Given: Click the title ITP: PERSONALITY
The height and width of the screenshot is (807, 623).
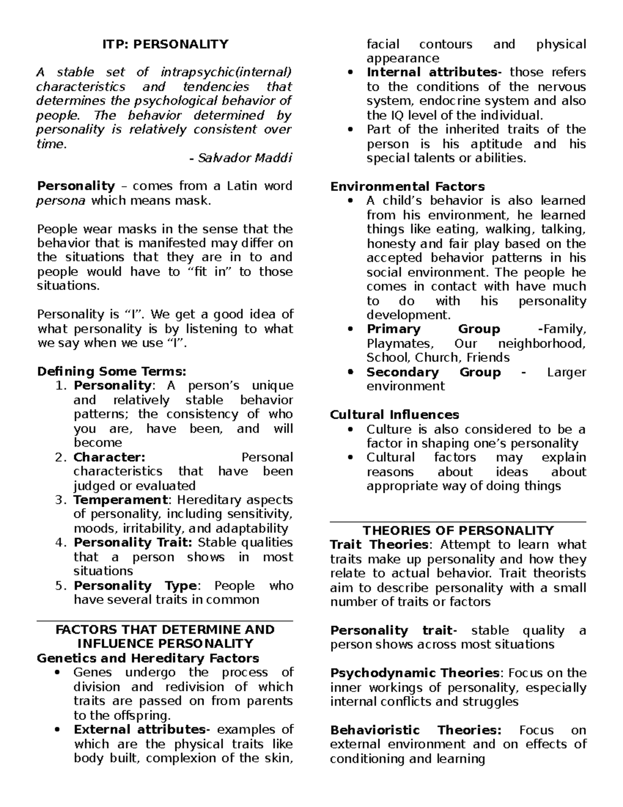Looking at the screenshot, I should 165,44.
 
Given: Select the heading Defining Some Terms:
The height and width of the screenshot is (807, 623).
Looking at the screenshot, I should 111,372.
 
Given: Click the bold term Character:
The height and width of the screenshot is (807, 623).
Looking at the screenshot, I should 109,457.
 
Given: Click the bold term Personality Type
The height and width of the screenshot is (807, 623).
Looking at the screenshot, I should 135,586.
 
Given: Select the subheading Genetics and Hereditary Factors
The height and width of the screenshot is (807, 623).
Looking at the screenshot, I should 148,658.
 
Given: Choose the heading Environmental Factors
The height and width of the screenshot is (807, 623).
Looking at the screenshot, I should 408,187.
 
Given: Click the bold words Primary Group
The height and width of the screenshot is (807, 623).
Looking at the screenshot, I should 433,329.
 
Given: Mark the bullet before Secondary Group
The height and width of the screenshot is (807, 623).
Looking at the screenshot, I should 351,373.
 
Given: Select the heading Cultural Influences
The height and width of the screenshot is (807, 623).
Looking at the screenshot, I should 395,415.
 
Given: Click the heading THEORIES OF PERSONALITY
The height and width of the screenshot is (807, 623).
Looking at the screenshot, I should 458,531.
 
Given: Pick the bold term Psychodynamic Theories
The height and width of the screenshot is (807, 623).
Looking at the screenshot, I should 415,673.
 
